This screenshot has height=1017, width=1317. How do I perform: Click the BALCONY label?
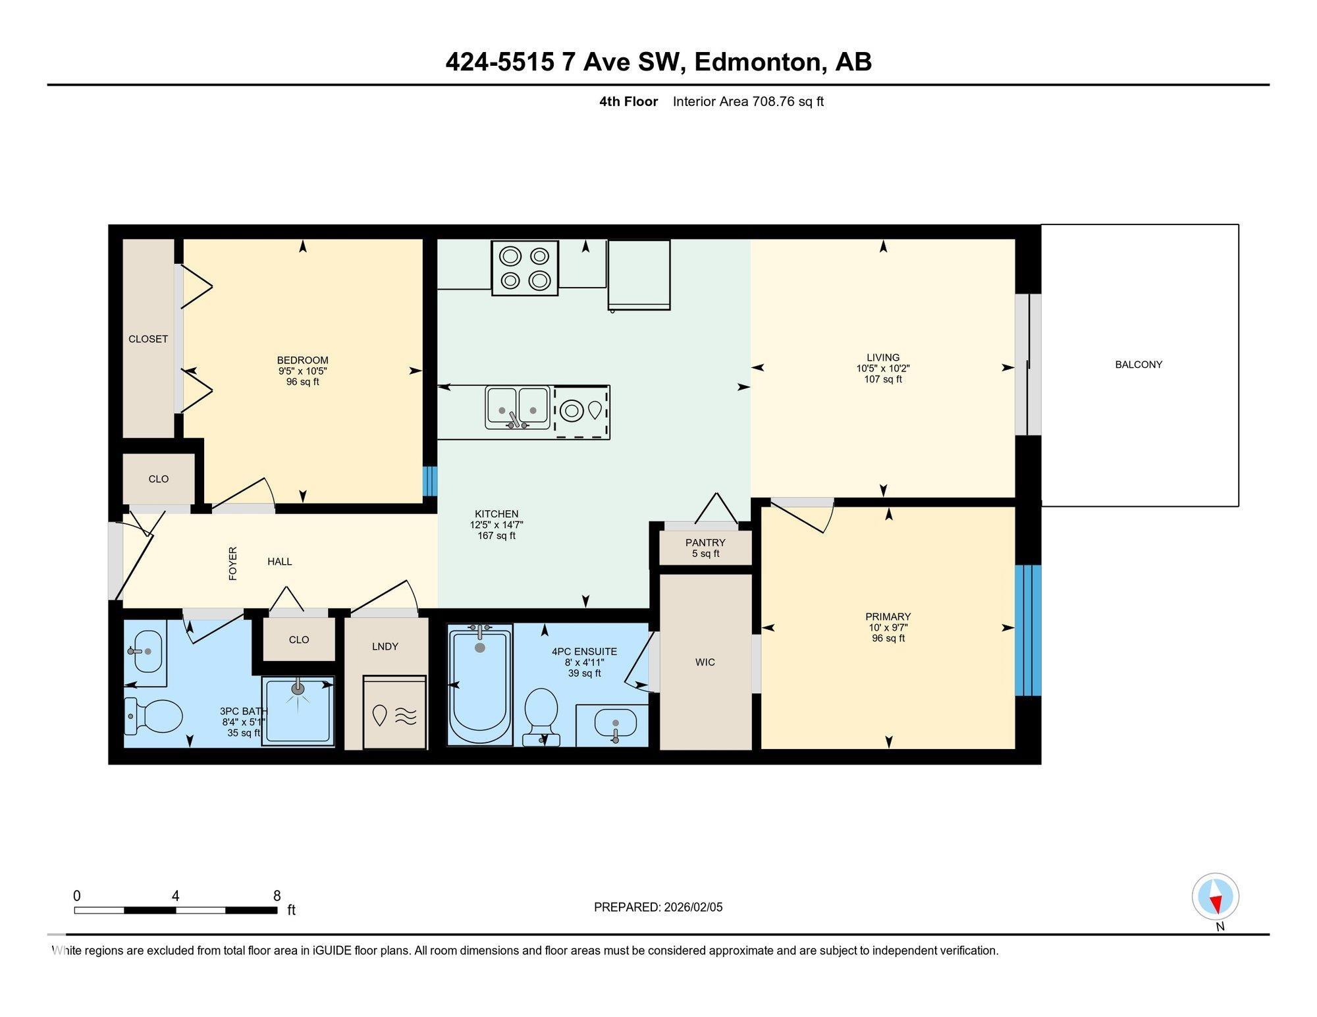click(x=1139, y=365)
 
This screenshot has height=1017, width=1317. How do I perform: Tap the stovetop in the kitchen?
click(x=525, y=267)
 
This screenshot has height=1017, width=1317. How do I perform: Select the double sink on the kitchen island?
click(x=518, y=407)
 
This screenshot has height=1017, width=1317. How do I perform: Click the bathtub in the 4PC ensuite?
click(x=480, y=685)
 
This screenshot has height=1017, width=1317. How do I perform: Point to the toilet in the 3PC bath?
click(x=153, y=716)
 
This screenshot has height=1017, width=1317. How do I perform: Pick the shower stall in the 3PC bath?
click(x=298, y=711)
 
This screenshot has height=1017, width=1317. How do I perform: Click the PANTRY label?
click(x=705, y=542)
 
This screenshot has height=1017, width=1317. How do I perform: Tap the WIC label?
click(x=705, y=662)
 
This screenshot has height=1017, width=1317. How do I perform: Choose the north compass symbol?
click(x=1216, y=897)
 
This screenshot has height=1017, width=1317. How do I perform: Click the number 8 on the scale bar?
click(x=277, y=896)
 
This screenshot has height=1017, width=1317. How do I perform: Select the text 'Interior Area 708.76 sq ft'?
click(x=748, y=101)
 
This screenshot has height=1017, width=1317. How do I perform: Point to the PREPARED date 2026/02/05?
click(x=693, y=907)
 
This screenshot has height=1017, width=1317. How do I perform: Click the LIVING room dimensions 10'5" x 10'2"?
click(x=883, y=369)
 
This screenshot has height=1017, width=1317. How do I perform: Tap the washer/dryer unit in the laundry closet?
click(x=394, y=713)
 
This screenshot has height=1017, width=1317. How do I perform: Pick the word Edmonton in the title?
click(x=759, y=62)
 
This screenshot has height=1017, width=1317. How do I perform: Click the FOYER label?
click(x=232, y=563)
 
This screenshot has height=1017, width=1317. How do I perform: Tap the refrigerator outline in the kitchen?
click(x=639, y=274)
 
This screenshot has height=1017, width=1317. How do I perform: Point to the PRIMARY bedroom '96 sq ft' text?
click(x=888, y=639)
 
